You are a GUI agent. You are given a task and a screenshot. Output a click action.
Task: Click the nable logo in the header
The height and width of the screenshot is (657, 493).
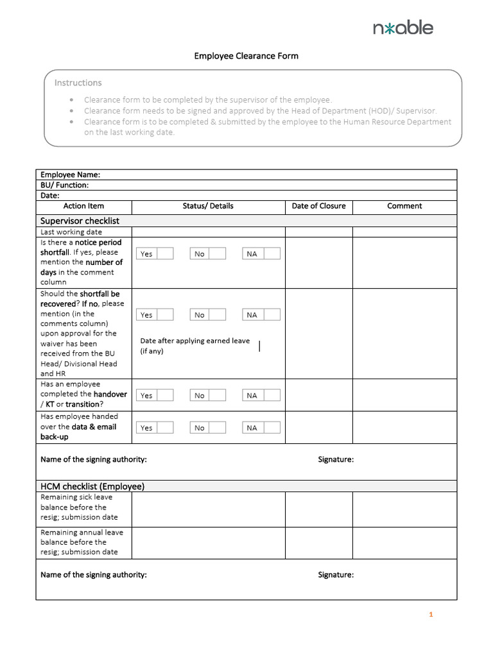click(x=402, y=28)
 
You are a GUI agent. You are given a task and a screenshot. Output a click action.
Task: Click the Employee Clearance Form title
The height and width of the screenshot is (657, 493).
click(x=246, y=56)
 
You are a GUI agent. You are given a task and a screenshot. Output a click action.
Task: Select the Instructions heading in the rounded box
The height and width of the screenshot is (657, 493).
click(x=78, y=83)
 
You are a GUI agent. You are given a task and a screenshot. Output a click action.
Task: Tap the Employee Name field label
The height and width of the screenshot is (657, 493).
click(x=70, y=175)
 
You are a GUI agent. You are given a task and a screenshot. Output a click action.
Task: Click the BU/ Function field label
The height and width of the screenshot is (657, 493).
click(x=64, y=185)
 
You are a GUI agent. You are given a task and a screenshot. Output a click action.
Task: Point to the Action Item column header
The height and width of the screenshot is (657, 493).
click(x=83, y=206)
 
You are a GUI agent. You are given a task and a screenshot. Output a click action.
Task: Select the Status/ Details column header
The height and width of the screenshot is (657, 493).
click(x=208, y=206)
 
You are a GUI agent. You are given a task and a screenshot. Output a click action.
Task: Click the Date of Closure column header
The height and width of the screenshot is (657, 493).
click(x=318, y=206)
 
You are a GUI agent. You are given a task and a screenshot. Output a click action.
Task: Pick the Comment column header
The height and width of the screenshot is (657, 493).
click(x=404, y=206)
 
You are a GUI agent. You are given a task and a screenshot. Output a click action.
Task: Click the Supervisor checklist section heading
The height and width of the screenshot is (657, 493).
click(x=80, y=221)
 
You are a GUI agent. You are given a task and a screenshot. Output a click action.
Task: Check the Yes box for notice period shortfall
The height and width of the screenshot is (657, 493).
click(x=166, y=253)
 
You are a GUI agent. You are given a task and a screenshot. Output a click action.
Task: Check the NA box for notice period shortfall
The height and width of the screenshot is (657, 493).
click(x=272, y=253)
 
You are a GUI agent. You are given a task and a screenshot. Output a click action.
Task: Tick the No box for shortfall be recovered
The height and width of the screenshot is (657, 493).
click(x=218, y=314)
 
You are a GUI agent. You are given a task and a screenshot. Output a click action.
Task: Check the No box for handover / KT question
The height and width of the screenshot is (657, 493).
click(x=218, y=395)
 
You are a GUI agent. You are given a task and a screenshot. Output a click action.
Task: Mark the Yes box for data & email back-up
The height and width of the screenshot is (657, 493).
click(x=166, y=427)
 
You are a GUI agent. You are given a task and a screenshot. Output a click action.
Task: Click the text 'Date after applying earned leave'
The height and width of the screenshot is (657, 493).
click(x=195, y=341)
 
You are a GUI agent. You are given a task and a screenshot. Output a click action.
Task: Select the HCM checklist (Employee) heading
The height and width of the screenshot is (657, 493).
click(x=92, y=486)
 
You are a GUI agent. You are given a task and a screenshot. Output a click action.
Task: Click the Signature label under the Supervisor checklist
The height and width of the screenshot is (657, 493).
click(x=336, y=459)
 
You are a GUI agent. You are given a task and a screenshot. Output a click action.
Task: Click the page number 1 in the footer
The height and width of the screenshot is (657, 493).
click(x=431, y=615)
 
